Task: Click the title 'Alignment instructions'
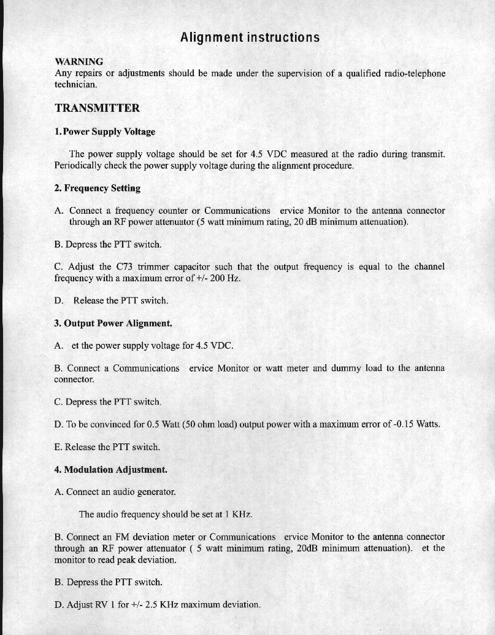(x=250, y=37)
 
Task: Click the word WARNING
(x=79, y=61)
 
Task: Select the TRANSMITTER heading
(x=97, y=109)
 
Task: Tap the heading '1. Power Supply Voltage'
(x=105, y=131)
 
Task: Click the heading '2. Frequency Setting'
(x=98, y=188)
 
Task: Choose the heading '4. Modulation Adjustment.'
(x=110, y=470)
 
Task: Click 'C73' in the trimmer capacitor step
(x=123, y=267)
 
